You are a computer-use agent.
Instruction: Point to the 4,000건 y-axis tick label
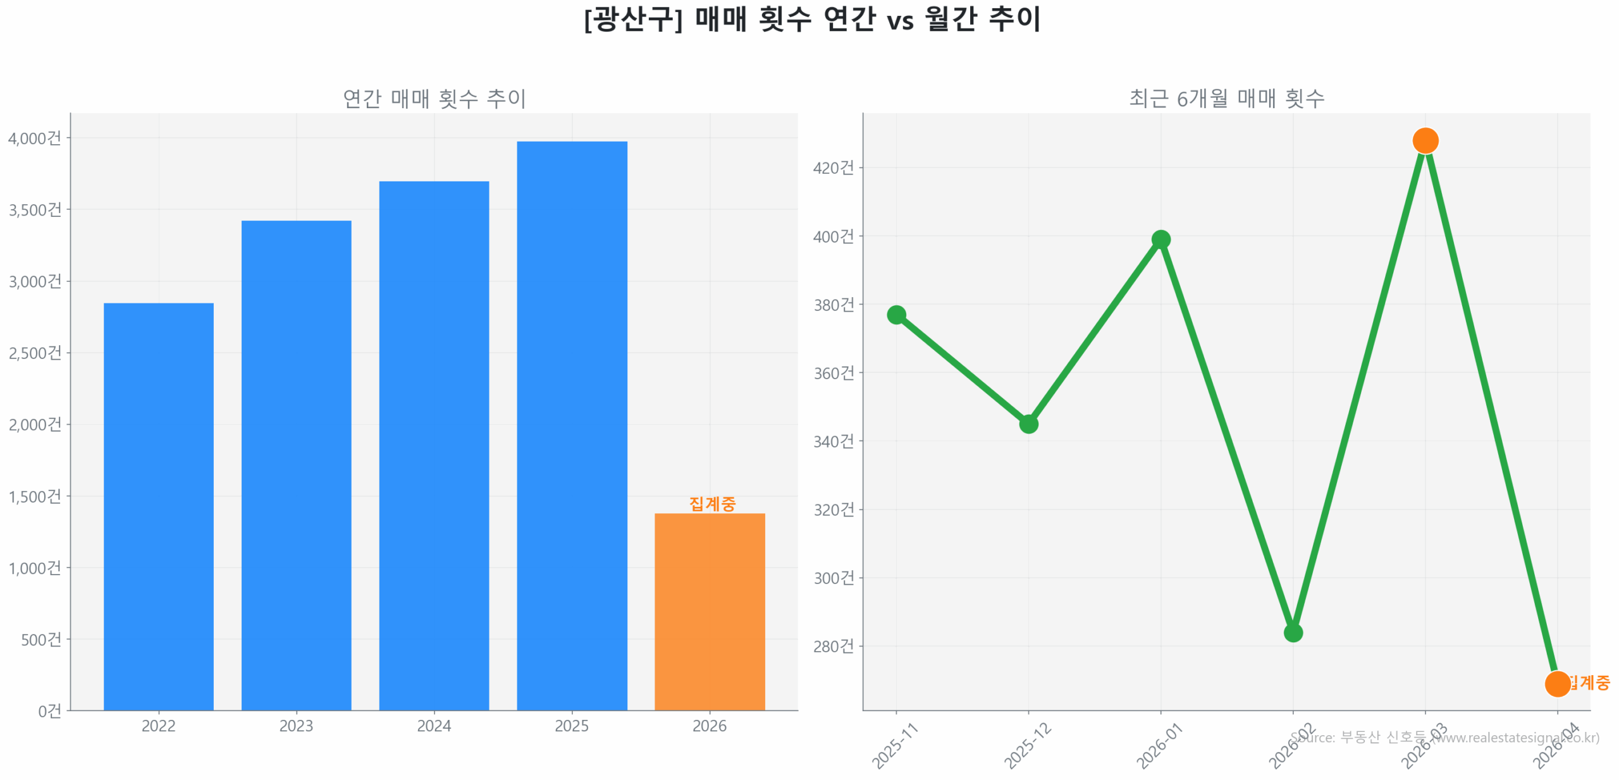click(35, 138)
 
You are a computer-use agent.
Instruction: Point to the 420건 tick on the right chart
click(832, 167)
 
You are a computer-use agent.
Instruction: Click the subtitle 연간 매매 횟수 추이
click(434, 98)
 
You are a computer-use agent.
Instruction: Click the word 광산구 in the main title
click(632, 19)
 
